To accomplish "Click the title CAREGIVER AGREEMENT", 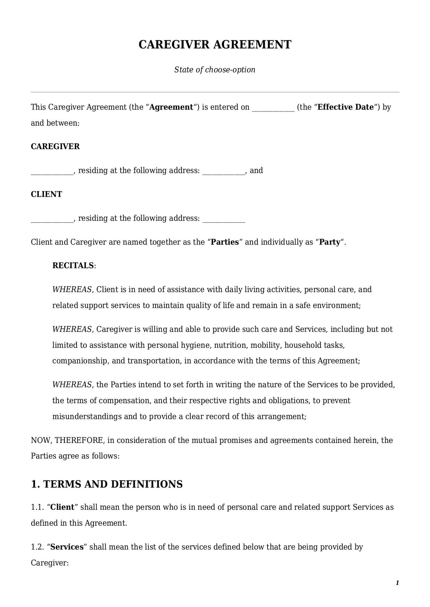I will coord(215,45).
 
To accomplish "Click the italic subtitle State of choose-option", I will coord(214,70).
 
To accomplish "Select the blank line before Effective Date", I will coord(273,108).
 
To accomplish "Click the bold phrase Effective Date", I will coord(345,107).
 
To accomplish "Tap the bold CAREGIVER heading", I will coord(55,147).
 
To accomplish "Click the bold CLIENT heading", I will coord(46,194).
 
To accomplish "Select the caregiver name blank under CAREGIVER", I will coord(52,171).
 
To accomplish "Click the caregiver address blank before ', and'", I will coord(223,171).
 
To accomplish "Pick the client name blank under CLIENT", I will coord(52,219).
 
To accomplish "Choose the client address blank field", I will coord(223,219).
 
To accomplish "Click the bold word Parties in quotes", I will coord(225,242).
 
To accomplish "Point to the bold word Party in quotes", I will coord(330,242).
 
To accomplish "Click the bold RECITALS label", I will coord(73,266).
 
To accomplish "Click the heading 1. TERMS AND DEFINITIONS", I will coord(107,484).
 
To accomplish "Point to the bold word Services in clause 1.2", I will coord(67,547).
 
